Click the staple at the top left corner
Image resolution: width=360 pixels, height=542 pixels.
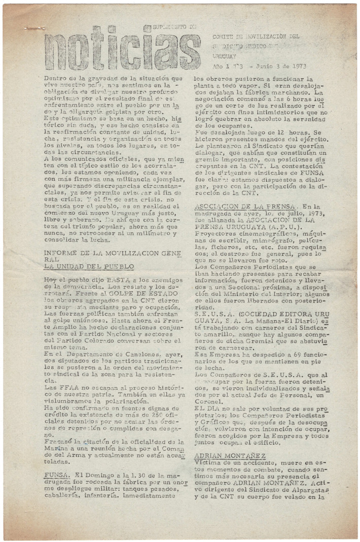coord(35,28)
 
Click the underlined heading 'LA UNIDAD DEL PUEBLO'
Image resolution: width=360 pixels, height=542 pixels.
coord(88,266)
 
